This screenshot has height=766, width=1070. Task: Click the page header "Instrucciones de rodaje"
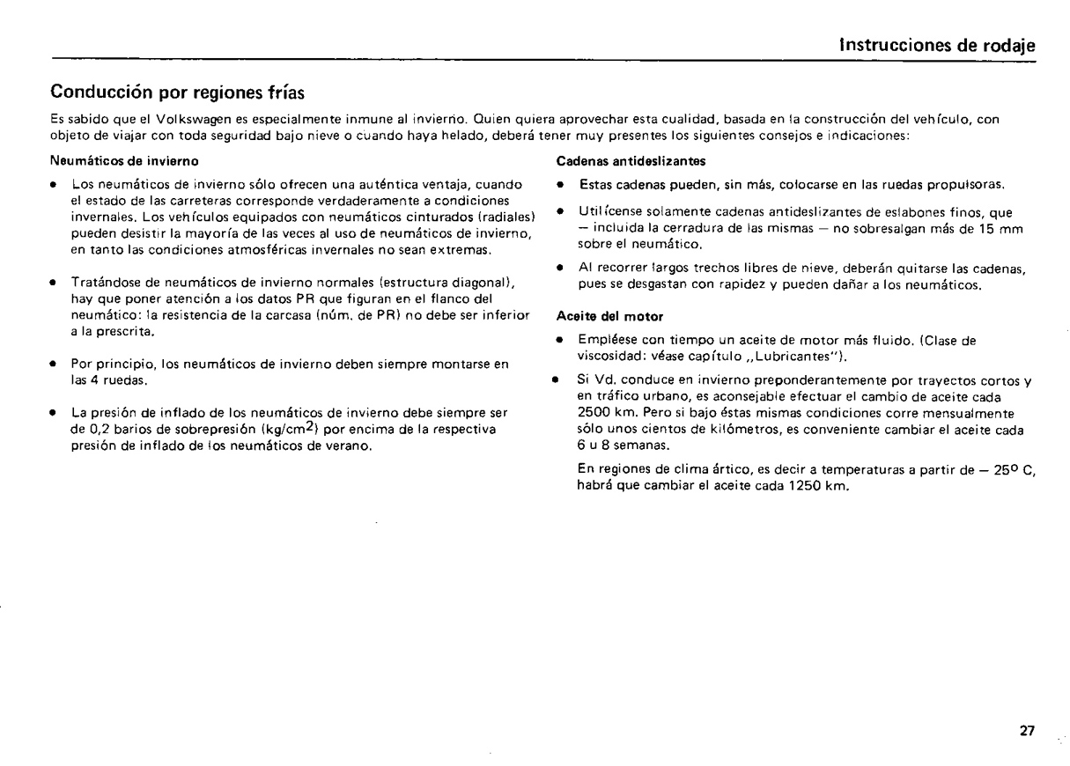tap(937, 46)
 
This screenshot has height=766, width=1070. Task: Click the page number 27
tap(1026, 731)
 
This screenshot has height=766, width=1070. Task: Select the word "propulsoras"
tap(966, 185)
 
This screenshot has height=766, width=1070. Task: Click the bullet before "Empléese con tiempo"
tap(562, 338)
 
